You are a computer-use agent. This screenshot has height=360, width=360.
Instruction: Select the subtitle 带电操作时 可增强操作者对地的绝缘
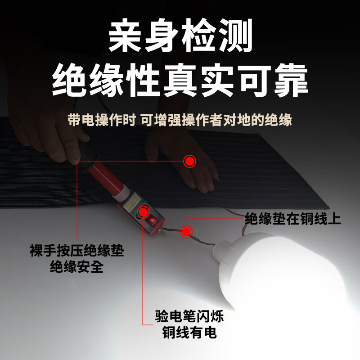click(180, 120)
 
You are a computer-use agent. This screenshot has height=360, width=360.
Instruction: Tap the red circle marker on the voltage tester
click(144, 211)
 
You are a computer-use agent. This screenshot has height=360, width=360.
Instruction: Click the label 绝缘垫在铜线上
click(293, 219)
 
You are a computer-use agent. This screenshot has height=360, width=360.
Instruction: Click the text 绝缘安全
click(76, 267)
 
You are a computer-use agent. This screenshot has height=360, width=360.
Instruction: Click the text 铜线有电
click(189, 333)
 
